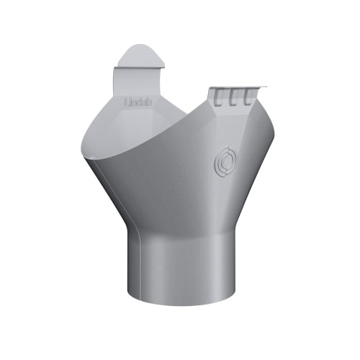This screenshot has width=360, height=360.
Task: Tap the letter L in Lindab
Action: click(127, 103)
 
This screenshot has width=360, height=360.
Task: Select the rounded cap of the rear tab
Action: click(140, 55)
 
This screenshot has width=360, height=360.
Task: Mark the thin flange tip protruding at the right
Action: click(263, 87)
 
